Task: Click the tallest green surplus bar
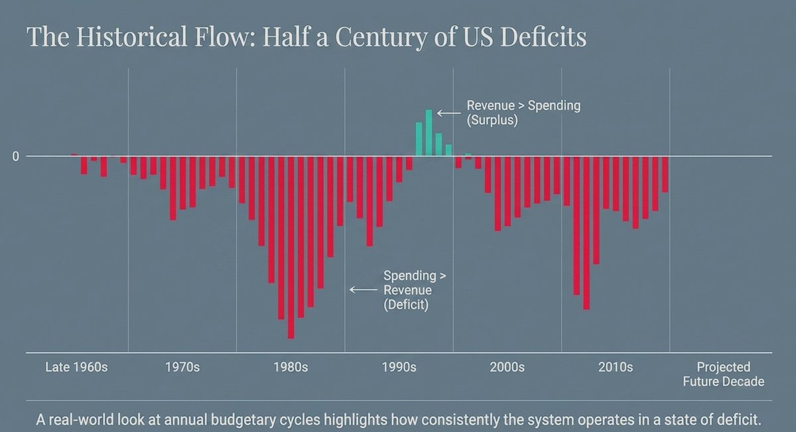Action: click(429, 133)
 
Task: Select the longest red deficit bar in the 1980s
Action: click(291, 248)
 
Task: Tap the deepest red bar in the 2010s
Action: click(586, 233)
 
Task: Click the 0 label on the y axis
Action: click(16, 157)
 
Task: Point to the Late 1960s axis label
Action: click(76, 367)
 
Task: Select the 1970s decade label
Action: click(182, 367)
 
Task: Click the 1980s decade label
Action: click(291, 367)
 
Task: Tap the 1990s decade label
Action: click(399, 367)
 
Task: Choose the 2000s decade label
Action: click(507, 367)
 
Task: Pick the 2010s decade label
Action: click(616, 367)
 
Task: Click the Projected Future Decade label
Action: click(724, 374)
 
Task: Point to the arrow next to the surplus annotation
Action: click(449, 113)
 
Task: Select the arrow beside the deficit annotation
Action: click(364, 290)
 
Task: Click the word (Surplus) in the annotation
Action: click(492, 120)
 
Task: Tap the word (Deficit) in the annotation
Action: click(406, 305)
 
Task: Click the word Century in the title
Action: click(381, 36)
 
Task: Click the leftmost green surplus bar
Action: click(419, 139)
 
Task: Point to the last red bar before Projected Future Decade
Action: click(665, 175)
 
